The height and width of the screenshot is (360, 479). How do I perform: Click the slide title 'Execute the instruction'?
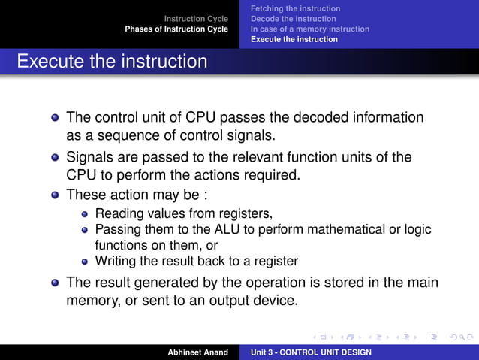[112, 61]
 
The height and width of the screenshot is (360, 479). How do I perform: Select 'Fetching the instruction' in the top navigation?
[295, 8]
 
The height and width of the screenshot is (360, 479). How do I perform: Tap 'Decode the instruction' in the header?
[294, 18]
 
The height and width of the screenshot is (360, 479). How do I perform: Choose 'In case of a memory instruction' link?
[310, 29]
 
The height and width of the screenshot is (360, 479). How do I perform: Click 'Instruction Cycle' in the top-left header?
[197, 18]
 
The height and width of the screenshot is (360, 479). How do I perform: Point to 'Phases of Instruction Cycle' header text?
[176, 29]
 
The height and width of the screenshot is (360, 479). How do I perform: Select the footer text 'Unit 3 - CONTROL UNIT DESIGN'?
[310, 352]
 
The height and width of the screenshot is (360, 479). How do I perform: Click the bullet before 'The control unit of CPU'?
[55, 119]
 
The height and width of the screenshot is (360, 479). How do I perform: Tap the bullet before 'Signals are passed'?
[55, 159]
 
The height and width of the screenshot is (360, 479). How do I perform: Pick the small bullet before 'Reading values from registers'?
[86, 213]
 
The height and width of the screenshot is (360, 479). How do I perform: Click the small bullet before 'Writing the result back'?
[86, 262]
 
